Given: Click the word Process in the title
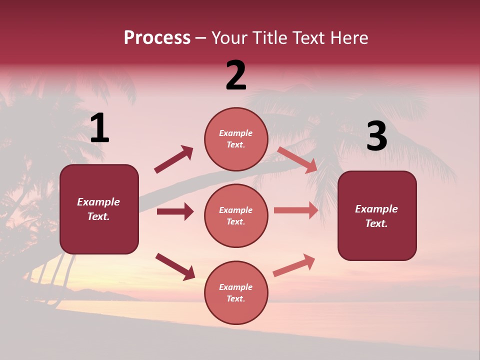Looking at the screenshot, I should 157,38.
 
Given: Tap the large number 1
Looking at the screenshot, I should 99,128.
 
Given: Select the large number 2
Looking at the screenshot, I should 236,75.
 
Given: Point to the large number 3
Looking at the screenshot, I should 376,136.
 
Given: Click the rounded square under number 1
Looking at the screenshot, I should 99,209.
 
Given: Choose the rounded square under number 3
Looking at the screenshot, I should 377,215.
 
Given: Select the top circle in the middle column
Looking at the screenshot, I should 236,139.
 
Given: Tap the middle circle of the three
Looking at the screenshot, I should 236,215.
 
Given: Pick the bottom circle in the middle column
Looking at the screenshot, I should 236,292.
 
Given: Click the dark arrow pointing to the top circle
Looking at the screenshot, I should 174,159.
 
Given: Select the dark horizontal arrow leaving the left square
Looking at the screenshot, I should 175,211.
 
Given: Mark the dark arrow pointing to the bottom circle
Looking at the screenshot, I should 175,266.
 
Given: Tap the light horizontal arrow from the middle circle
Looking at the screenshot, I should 296,210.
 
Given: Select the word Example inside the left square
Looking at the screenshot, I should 98,202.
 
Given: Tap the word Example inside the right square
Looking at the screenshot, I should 376,209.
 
